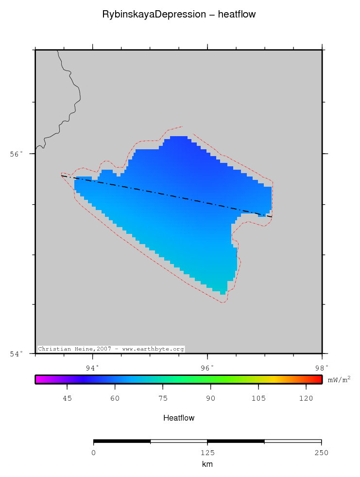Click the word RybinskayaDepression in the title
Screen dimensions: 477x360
coord(154,15)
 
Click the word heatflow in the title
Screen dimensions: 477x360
coord(237,15)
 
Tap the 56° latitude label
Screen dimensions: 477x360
coord(17,154)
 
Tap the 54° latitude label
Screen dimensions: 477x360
coord(17,353)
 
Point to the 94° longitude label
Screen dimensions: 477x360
coord(93,367)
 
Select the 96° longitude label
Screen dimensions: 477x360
coord(207,367)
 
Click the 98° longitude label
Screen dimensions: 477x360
coord(322,367)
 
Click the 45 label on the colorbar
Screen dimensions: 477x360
coord(68,399)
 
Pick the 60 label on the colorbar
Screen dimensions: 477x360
coord(115,399)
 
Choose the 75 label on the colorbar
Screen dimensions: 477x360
coord(163,399)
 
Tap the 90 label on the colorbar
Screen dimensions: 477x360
coord(210,399)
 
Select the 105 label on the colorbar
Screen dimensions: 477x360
coord(258,399)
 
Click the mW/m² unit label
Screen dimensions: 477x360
coord(339,379)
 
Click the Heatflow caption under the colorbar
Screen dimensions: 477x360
coord(179,418)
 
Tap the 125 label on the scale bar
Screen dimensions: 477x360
coord(207,453)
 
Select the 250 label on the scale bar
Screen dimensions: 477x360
coord(321,453)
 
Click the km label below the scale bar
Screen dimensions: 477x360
coord(207,464)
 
